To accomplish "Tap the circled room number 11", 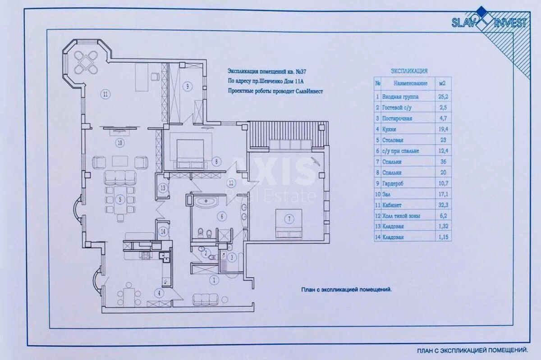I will tap(105, 95).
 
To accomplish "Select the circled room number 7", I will tap(289, 219).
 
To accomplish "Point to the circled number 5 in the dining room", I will tap(120, 199).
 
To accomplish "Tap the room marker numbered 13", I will tap(163, 188).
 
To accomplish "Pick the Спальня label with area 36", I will tap(392, 162).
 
